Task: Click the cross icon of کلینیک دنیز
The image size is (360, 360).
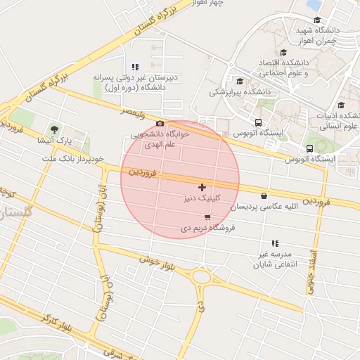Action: [x=202, y=187]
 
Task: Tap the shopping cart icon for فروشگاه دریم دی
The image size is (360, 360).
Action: [x=206, y=217]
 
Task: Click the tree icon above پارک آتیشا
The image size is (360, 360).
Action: [x=55, y=129]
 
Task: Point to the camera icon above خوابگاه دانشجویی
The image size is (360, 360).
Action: [x=160, y=124]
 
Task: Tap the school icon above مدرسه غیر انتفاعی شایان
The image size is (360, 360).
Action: [x=275, y=243]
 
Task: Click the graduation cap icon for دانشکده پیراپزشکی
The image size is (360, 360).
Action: [x=240, y=81]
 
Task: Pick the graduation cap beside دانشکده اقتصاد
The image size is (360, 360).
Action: [x=283, y=52]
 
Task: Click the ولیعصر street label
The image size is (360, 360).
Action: [x=132, y=111]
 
